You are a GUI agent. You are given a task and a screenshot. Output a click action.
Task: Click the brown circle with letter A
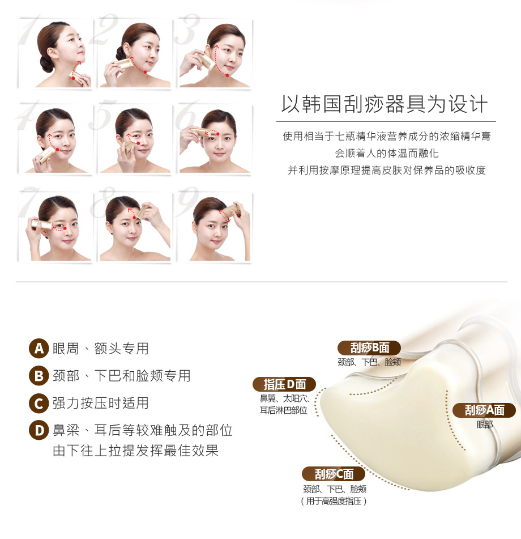point(39,349)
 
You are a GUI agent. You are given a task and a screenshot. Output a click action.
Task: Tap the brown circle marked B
point(39,376)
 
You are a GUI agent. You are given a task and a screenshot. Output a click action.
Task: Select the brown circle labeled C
point(39,403)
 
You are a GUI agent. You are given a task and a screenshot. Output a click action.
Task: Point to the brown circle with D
point(39,430)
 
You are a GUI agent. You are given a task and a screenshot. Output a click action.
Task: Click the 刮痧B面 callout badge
point(369,348)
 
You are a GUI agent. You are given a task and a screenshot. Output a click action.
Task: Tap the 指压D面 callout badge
point(284,384)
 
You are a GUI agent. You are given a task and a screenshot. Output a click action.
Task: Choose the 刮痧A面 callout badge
point(484,410)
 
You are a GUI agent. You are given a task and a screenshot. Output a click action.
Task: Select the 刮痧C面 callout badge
point(334,474)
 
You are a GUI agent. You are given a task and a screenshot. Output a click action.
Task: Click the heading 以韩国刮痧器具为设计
point(385,104)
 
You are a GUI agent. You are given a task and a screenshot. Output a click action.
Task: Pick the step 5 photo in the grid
point(135,139)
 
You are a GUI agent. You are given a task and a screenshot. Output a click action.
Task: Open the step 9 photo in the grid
point(215,227)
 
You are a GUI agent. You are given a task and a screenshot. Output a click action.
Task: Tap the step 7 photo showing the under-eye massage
point(55,227)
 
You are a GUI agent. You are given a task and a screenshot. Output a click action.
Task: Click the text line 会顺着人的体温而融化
point(387,154)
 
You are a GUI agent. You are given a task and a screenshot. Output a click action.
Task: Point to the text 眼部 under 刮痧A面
point(485,425)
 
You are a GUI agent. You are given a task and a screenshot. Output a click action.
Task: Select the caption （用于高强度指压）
point(334,501)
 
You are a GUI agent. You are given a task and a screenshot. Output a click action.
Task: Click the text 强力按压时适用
point(101,403)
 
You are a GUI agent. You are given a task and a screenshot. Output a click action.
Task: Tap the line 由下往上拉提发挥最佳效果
point(136,451)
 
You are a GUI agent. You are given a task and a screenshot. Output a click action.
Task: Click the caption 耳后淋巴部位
point(283,410)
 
